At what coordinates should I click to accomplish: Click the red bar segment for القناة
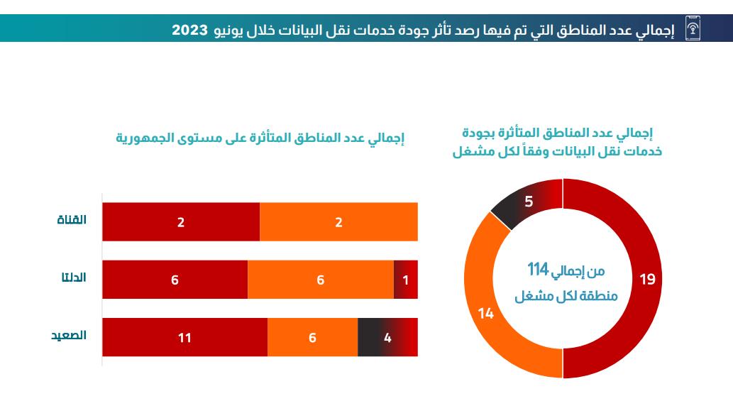point(181,222)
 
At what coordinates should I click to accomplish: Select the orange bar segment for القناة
point(338,222)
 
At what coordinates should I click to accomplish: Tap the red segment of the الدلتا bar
point(175,280)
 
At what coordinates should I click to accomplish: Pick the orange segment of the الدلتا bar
point(320,280)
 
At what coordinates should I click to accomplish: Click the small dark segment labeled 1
point(405,280)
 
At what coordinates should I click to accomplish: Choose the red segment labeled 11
point(184,337)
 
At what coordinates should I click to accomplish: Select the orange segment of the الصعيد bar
point(312,337)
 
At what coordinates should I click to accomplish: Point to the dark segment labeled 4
point(387,337)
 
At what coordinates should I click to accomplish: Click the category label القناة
point(72,220)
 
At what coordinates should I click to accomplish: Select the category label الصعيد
point(69,335)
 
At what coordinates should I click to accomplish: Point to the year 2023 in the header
point(190,29)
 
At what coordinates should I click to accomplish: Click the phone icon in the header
point(693,29)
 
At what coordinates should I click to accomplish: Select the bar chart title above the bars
point(260,138)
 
